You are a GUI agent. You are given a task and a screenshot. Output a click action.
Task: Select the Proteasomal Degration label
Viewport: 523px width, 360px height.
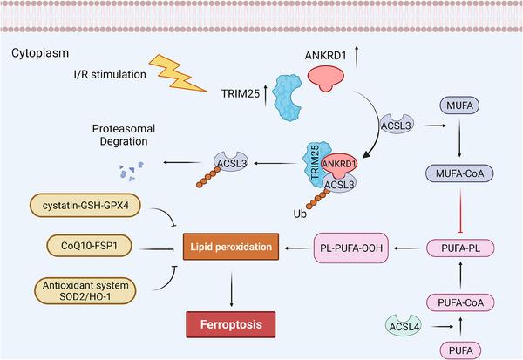[119, 134]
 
